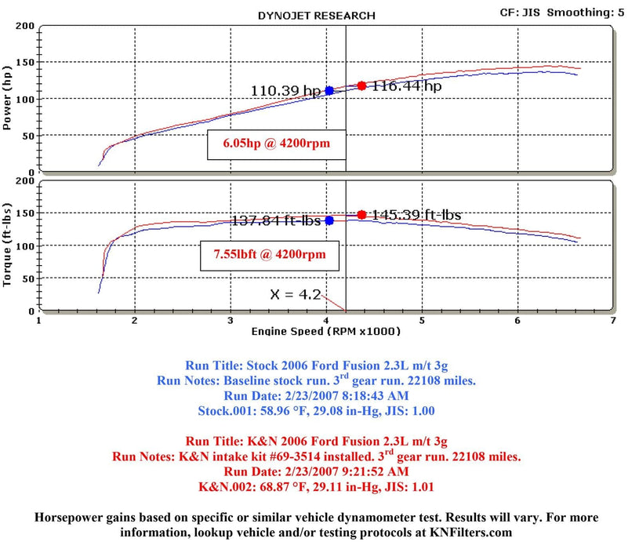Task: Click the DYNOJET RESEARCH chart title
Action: (316, 15)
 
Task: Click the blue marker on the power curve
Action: (329, 91)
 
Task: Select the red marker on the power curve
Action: (361, 85)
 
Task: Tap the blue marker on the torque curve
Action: (329, 220)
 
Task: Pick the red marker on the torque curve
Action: (361, 214)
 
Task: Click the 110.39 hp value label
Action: (286, 91)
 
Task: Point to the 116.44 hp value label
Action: (406, 86)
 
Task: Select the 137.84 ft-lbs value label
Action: (277, 221)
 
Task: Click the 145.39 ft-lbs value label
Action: (416, 214)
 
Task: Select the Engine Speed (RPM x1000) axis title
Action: (325, 332)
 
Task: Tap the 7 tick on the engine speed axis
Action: (612, 321)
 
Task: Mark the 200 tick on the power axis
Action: (26, 27)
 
